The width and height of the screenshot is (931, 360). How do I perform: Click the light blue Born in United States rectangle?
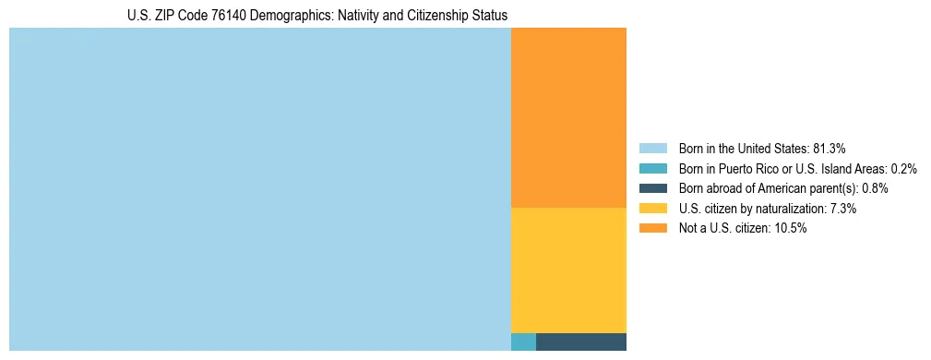pos(259,189)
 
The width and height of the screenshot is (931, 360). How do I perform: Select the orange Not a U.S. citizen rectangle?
pos(568,117)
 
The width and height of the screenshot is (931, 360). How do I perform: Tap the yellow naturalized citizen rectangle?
pos(568,270)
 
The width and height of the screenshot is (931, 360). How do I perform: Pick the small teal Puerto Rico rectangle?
pos(523,342)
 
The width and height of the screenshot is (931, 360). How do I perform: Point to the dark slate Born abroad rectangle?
pos(581,342)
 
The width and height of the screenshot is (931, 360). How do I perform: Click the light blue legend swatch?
pos(652,149)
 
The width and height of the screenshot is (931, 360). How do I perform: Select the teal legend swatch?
pos(652,169)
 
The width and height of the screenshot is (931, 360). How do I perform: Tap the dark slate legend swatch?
pos(652,188)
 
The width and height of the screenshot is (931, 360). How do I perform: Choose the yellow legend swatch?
pos(652,209)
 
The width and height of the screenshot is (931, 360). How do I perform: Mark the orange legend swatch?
pos(652,229)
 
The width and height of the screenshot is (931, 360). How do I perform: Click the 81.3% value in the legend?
pos(830,149)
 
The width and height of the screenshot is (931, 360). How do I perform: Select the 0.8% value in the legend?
pos(876,188)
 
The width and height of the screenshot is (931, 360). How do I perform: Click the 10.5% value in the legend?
pos(792,229)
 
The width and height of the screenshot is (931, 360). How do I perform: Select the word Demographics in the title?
pos(285,16)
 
